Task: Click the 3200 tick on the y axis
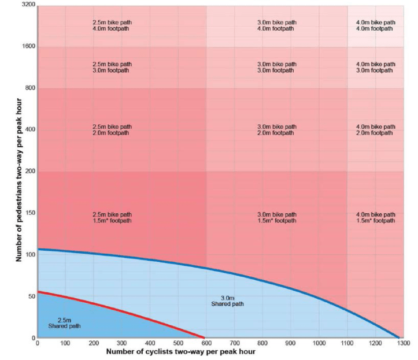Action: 28,5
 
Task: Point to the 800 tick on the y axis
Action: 29,88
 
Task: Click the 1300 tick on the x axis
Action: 403,344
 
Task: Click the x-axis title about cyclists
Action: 180,351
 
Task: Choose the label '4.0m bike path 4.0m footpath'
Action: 375,25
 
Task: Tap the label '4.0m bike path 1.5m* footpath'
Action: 375,218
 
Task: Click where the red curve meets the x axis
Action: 204,337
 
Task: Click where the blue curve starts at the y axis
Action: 38,249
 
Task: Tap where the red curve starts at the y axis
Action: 38,292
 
